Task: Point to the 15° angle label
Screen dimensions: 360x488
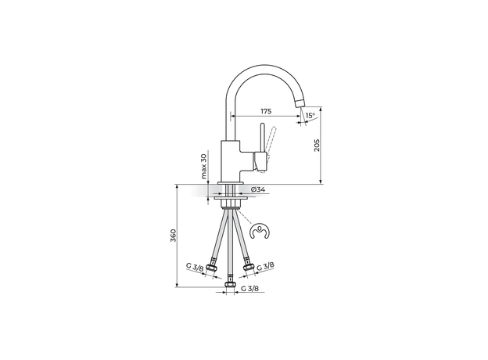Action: tap(310, 116)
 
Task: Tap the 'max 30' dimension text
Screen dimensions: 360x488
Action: tap(203, 166)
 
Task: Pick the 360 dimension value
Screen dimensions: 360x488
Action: tap(173, 236)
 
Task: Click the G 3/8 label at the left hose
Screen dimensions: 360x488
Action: tap(195, 268)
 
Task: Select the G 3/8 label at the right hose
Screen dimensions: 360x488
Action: tap(266, 268)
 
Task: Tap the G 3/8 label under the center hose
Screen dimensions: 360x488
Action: tap(249, 290)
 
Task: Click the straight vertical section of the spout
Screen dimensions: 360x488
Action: tap(231, 117)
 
